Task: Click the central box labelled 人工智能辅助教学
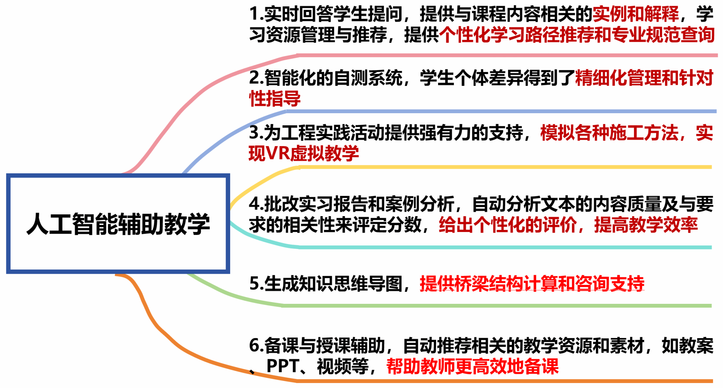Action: point(118,224)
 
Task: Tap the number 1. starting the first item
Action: point(256,14)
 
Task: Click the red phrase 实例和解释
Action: point(635,14)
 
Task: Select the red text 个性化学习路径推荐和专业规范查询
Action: point(577,35)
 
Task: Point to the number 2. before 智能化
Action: point(256,78)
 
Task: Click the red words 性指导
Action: point(275,98)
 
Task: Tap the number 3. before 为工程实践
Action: point(256,133)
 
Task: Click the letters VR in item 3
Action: point(277,154)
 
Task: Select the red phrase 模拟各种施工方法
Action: point(609,133)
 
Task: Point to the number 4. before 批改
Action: point(256,204)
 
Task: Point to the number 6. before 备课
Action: point(256,346)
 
